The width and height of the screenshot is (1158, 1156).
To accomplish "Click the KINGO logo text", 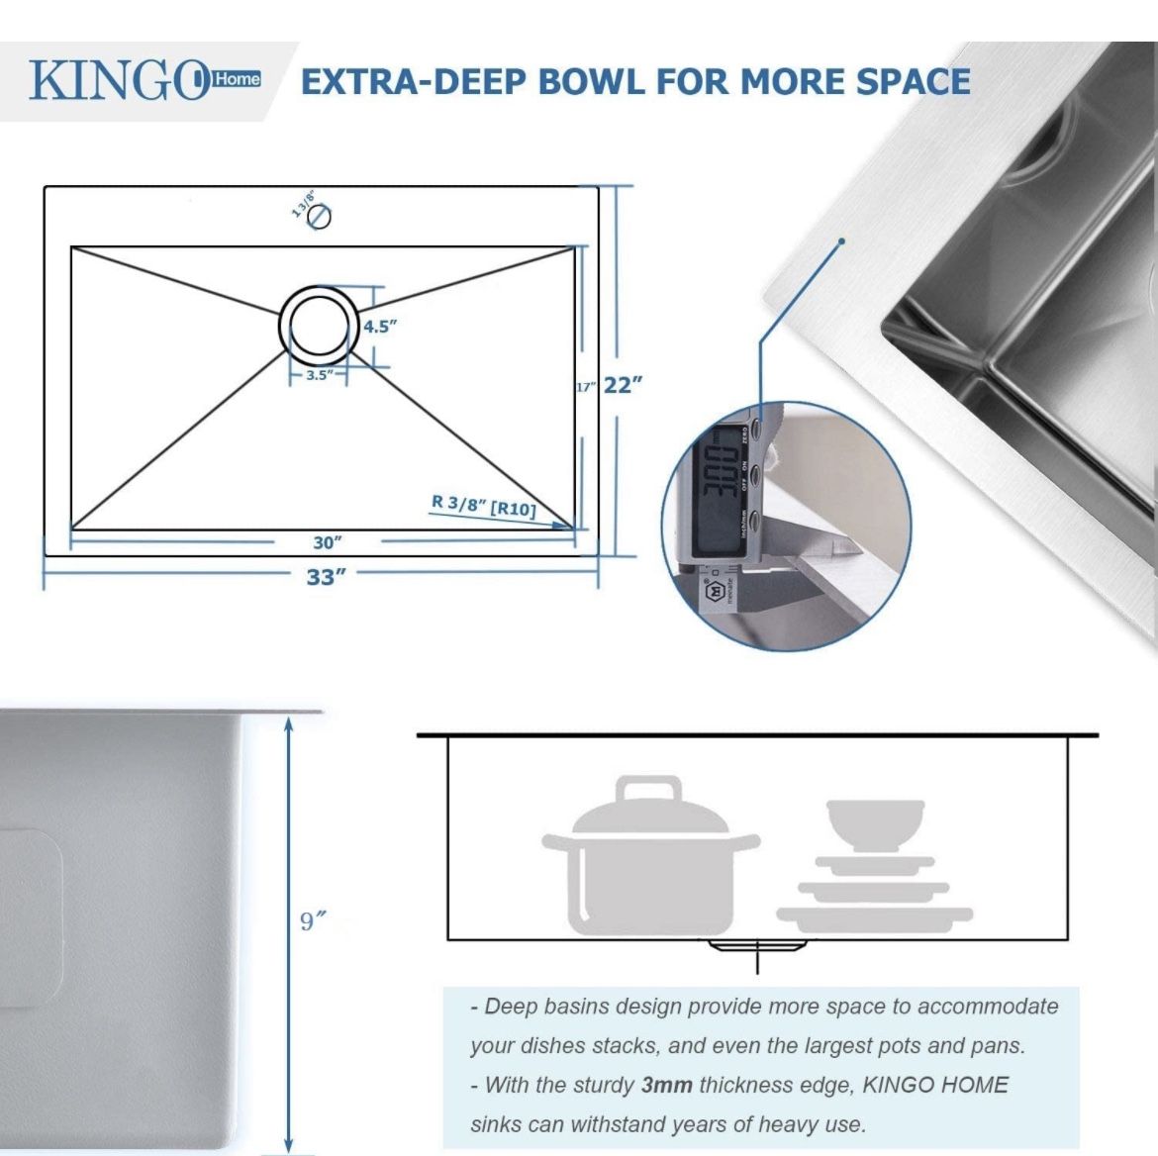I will pyautogui.click(x=117, y=81).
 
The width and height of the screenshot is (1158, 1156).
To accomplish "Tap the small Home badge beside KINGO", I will pyautogui.click(x=237, y=79).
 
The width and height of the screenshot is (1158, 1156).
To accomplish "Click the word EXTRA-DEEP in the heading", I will pyautogui.click(x=416, y=82).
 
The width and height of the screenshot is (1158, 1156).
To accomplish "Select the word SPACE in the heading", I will pyautogui.click(x=913, y=82).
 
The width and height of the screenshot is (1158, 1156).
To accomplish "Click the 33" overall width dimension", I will pyautogui.click(x=326, y=576).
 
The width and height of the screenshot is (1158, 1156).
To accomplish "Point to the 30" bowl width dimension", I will pyautogui.click(x=327, y=542).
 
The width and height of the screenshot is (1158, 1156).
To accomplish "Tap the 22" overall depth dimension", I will pyautogui.click(x=623, y=385).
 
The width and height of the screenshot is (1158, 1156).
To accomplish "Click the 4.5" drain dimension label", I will pyautogui.click(x=379, y=327).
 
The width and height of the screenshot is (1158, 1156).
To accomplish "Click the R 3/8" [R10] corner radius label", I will pyautogui.click(x=484, y=506).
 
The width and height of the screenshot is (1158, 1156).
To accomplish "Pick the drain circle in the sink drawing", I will pyautogui.click(x=319, y=323).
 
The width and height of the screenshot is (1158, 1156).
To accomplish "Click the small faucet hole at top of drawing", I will pyautogui.click(x=320, y=216).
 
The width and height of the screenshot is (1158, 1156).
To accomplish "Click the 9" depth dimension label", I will pyautogui.click(x=313, y=921).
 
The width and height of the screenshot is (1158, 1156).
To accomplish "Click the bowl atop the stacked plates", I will pyautogui.click(x=875, y=823).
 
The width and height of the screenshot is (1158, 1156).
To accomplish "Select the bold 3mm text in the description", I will pyautogui.click(x=666, y=1085).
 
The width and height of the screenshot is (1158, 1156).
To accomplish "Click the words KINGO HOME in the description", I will pyautogui.click(x=935, y=1085).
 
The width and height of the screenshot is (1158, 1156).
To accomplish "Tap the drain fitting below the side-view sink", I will pyautogui.click(x=757, y=947).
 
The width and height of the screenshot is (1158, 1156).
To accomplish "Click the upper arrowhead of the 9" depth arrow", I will pyautogui.click(x=288, y=725).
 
